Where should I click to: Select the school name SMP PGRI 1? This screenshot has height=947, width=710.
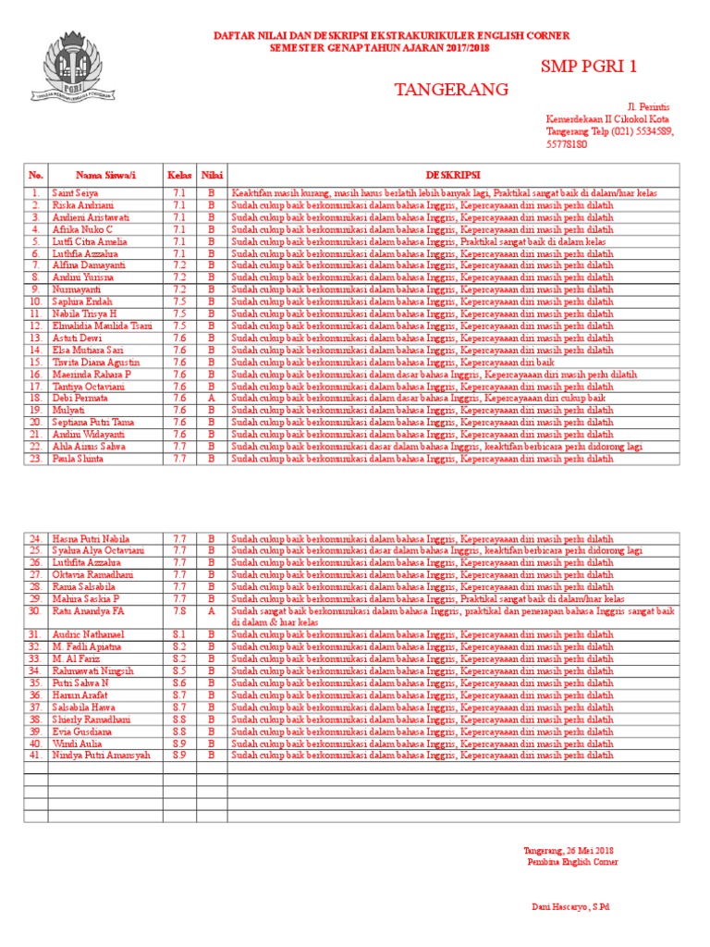click(589, 67)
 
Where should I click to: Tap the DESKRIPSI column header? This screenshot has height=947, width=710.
click(452, 175)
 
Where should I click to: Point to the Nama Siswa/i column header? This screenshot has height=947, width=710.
click(105, 175)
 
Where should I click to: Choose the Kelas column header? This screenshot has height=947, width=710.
click(178, 175)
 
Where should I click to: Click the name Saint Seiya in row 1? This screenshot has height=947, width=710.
click(75, 193)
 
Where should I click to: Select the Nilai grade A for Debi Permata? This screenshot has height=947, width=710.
click(211, 398)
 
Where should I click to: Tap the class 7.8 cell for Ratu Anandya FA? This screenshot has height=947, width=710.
click(178, 611)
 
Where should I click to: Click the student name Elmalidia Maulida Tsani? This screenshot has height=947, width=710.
click(101, 326)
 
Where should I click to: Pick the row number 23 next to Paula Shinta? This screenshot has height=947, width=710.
click(36, 458)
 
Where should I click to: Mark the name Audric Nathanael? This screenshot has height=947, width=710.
click(88, 635)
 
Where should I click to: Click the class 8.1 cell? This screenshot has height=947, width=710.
click(178, 635)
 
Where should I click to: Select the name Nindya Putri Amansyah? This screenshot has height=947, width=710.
click(101, 756)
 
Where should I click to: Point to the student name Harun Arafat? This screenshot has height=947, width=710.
click(81, 695)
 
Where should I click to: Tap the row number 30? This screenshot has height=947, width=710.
click(36, 611)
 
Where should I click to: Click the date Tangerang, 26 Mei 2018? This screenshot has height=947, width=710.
click(568, 850)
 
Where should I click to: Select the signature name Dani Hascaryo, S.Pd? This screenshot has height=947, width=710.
click(569, 907)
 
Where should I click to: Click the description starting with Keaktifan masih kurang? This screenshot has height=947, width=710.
click(444, 193)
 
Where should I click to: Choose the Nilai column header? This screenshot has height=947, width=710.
click(211, 175)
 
